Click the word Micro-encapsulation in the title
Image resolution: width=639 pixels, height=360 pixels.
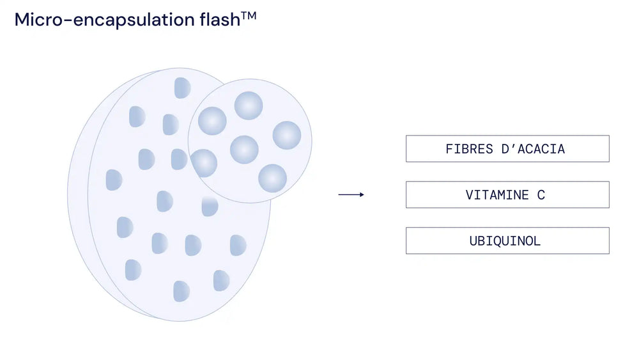(x=105, y=20)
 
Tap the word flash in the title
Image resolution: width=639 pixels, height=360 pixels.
(x=220, y=19)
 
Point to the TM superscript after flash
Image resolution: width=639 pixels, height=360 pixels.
(x=249, y=16)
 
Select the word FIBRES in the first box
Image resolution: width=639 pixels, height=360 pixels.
(x=469, y=149)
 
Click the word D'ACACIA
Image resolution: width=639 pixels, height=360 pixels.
(x=533, y=149)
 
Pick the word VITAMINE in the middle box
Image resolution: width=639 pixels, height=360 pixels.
(x=497, y=195)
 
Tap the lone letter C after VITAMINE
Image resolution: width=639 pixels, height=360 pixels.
(x=541, y=195)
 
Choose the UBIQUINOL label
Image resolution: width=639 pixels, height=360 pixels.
(x=505, y=241)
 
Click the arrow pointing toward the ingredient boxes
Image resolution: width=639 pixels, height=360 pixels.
(x=351, y=195)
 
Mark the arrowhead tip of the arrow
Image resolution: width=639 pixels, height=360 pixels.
(x=364, y=195)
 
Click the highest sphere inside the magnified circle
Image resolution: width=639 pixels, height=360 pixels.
(x=249, y=106)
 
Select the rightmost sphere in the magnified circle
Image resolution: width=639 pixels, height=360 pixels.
(x=287, y=136)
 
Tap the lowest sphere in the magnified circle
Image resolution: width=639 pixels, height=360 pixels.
(x=273, y=178)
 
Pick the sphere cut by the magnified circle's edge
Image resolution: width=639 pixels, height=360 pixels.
(x=204, y=163)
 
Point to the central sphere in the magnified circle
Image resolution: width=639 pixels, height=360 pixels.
(x=244, y=150)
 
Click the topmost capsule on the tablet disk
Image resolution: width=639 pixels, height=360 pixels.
(x=183, y=88)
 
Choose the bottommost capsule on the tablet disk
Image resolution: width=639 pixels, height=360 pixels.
(x=181, y=291)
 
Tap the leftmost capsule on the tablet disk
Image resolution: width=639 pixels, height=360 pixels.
(x=114, y=180)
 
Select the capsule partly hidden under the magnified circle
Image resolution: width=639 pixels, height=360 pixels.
(x=210, y=207)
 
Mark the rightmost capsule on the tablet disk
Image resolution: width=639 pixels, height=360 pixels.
(x=238, y=245)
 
